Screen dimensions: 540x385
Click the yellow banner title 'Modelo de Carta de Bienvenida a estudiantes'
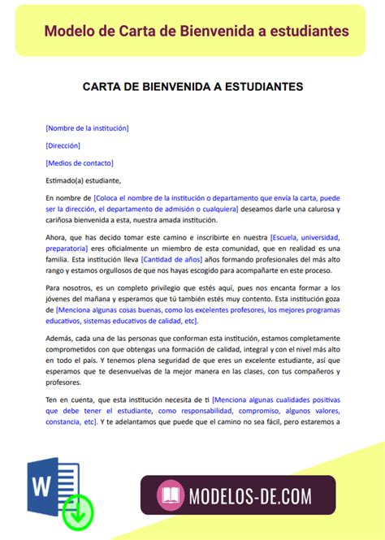(197, 31)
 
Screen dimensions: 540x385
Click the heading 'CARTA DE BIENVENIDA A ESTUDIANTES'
(192, 85)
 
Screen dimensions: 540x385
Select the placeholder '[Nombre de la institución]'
(87, 127)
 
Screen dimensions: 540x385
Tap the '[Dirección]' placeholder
(63, 145)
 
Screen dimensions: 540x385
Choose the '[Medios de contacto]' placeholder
(79, 162)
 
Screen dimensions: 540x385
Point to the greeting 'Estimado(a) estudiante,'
(83, 180)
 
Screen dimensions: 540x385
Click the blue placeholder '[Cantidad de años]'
(173, 259)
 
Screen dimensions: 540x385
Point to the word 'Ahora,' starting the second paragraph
(57, 236)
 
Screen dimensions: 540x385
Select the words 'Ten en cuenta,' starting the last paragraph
(72, 400)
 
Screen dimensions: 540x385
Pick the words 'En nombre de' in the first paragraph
(68, 197)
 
